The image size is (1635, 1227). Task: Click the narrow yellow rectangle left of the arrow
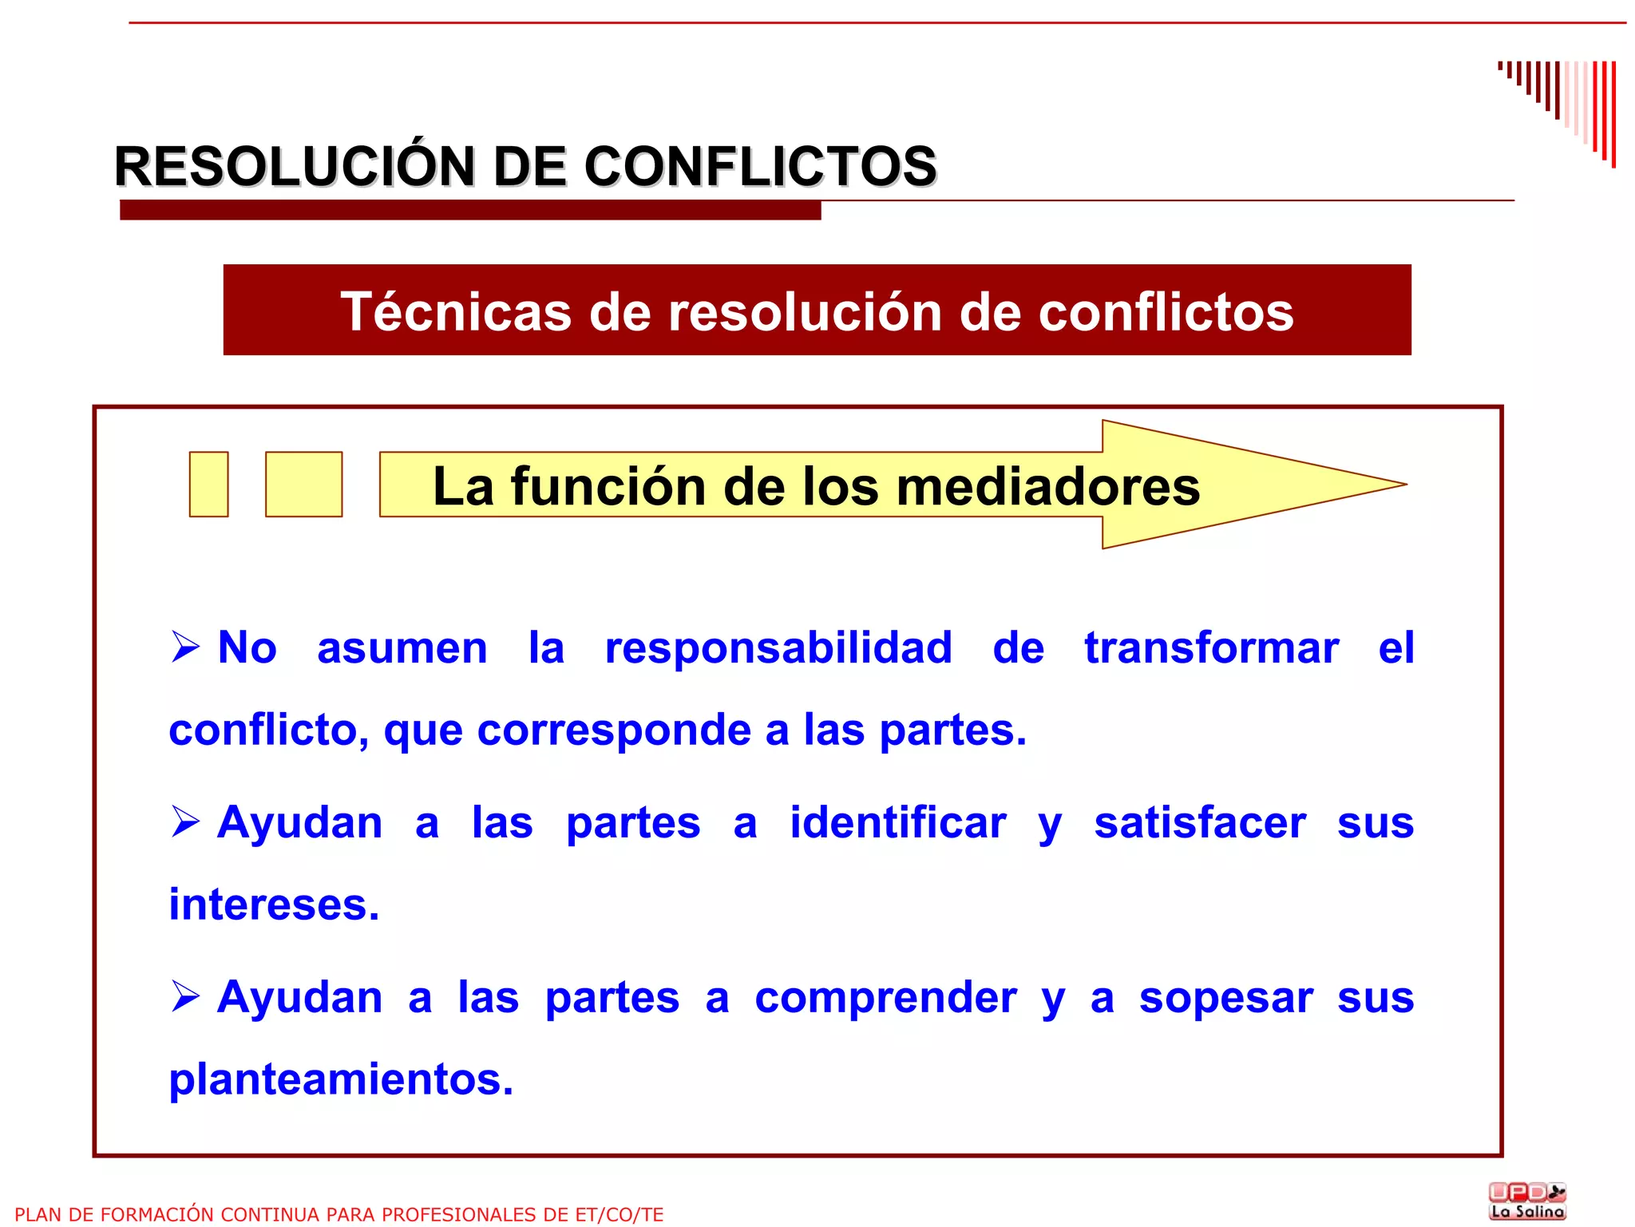pyautogui.click(x=208, y=485)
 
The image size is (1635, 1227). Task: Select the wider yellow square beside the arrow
pyautogui.click(x=303, y=485)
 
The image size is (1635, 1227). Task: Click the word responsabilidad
pyautogui.click(x=778, y=647)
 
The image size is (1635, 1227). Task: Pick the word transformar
pyautogui.click(x=1211, y=647)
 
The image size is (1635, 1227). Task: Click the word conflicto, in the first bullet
pyautogui.click(x=268, y=730)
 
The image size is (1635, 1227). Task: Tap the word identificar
pyautogui.click(x=898, y=822)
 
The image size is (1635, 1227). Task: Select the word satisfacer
pyautogui.click(x=1200, y=822)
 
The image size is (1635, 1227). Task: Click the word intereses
pyautogui.click(x=274, y=904)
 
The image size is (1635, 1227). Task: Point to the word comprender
pyautogui.click(x=885, y=998)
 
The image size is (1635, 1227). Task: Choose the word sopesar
pyautogui.click(x=1225, y=998)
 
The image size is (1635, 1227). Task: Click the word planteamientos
pyautogui.click(x=341, y=1079)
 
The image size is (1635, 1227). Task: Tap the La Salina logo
pyautogui.click(x=1527, y=1201)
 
